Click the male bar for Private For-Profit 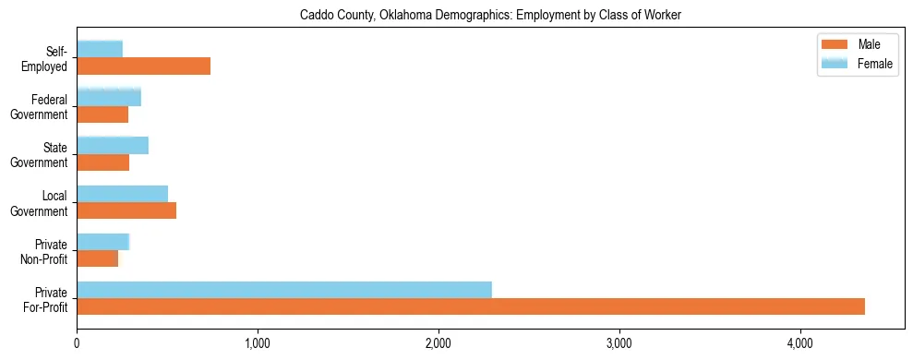(471, 306)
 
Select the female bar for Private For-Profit (284, 290)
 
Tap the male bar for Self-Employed (143, 66)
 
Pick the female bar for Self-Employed (100, 50)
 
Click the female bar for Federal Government (109, 98)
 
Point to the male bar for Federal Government (102, 114)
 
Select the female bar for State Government (113, 146)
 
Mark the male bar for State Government (102, 162)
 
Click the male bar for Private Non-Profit (97, 258)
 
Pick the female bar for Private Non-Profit (102, 242)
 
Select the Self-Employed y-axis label (51, 58)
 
